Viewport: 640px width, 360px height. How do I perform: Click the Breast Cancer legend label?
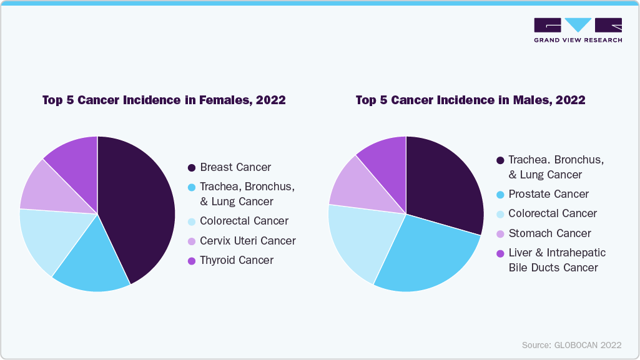click(235, 167)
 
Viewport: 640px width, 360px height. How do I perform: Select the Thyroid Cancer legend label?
click(237, 260)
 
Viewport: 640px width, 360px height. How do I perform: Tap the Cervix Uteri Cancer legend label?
click(248, 241)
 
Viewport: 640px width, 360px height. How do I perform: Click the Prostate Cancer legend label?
click(548, 194)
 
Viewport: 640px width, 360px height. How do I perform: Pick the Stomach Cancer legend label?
click(549, 233)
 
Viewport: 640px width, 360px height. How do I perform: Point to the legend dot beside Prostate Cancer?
click(500, 195)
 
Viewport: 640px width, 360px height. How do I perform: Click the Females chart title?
click(164, 100)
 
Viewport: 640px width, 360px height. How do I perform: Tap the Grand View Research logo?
click(578, 29)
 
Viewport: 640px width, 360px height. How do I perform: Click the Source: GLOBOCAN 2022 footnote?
click(571, 345)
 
